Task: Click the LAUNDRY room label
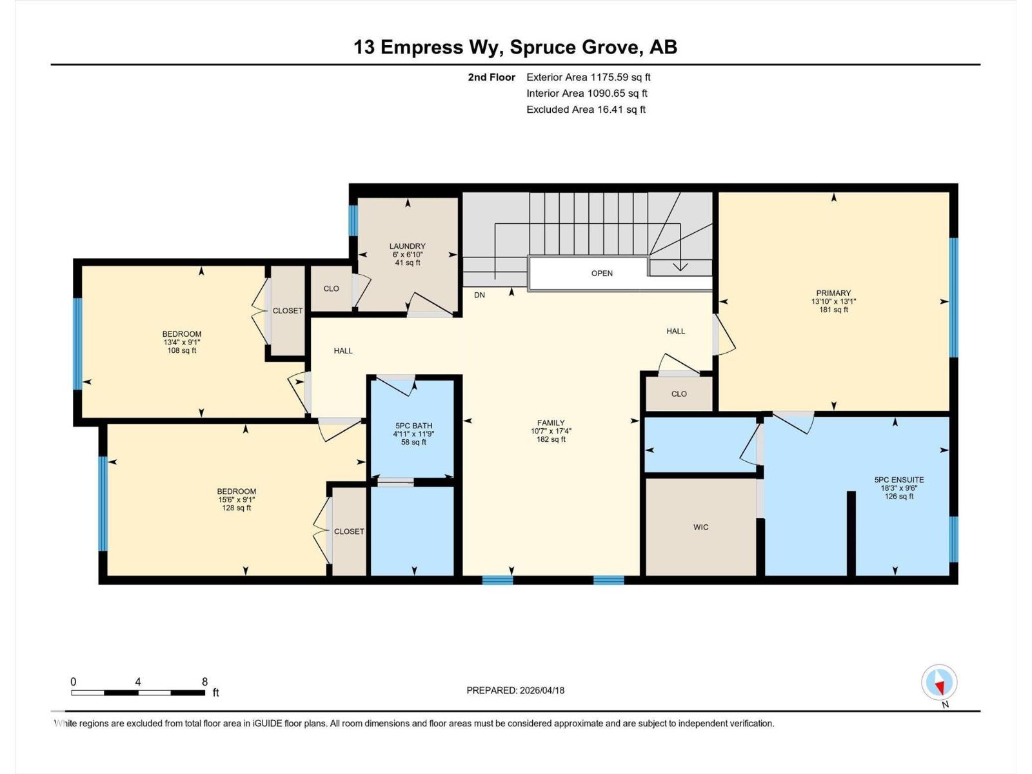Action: tap(407, 246)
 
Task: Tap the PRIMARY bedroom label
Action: tap(833, 293)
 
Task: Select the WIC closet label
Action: tap(700, 527)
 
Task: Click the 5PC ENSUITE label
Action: tap(898, 480)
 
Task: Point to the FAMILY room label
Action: tap(551, 423)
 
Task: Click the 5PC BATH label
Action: tap(413, 426)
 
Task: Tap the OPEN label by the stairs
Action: tap(602, 273)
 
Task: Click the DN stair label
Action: tap(479, 295)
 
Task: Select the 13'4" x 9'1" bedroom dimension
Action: tap(182, 342)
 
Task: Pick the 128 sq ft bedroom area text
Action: tap(237, 508)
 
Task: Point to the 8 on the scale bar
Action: tap(204, 682)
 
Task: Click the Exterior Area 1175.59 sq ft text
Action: tap(588, 77)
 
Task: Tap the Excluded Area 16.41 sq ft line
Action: tap(586, 110)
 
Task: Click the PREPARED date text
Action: tap(515, 690)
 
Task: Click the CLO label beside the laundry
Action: tap(331, 288)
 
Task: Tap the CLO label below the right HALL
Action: tap(679, 393)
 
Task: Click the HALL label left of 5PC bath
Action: tap(343, 351)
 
